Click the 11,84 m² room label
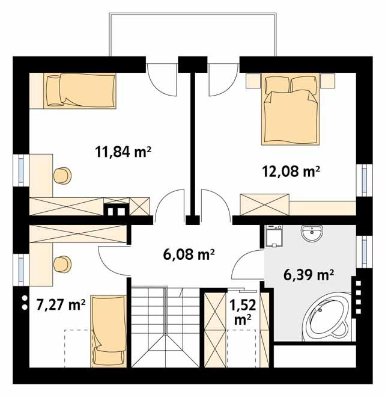(x=123, y=152)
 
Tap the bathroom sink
(x=312, y=233)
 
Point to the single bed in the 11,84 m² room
(x=82, y=89)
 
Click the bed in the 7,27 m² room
(x=108, y=331)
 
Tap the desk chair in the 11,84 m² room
(x=62, y=175)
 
